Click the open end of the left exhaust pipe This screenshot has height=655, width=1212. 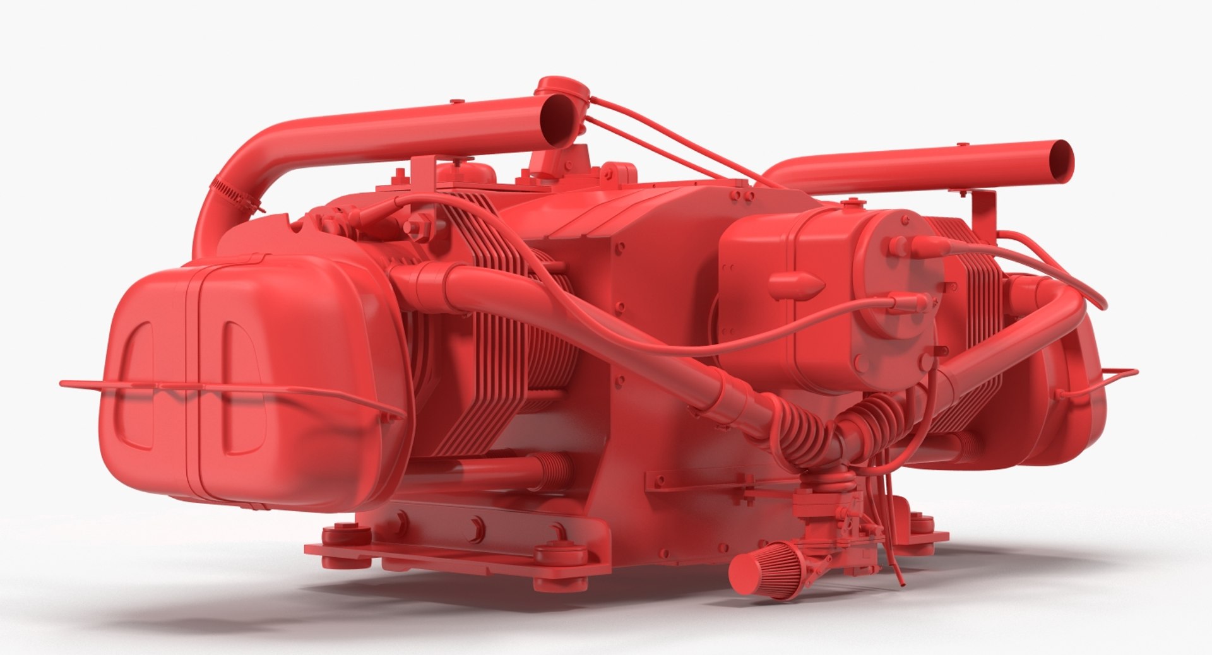[559, 119]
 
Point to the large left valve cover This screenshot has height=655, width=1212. [252, 379]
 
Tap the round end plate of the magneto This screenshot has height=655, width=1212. [896, 297]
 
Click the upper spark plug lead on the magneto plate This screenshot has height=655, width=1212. [909, 246]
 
